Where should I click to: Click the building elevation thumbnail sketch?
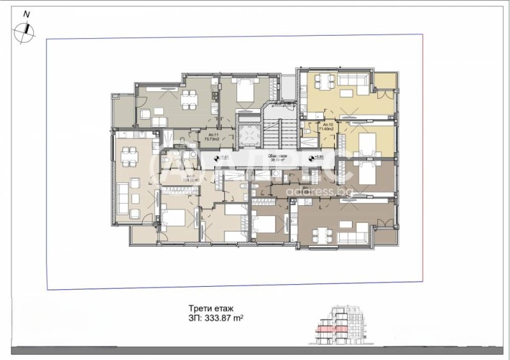tap(343, 326)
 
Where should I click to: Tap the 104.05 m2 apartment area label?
tap(173, 180)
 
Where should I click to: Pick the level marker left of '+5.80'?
tap(312, 158)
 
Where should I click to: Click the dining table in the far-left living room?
tap(130, 154)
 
